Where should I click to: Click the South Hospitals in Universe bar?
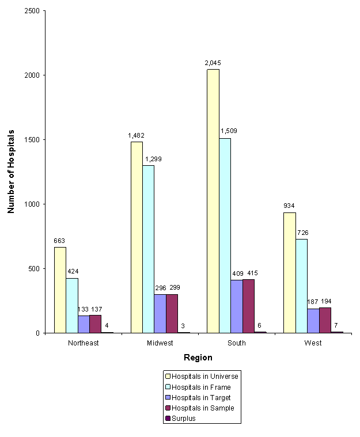click(213, 201)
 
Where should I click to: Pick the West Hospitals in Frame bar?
click(301, 286)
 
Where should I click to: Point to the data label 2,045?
click(213, 63)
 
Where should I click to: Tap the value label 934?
click(289, 206)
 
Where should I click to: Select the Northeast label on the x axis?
click(83, 343)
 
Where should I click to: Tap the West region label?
click(313, 343)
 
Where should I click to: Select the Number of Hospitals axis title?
click(11, 172)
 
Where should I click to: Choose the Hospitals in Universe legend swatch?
click(168, 377)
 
